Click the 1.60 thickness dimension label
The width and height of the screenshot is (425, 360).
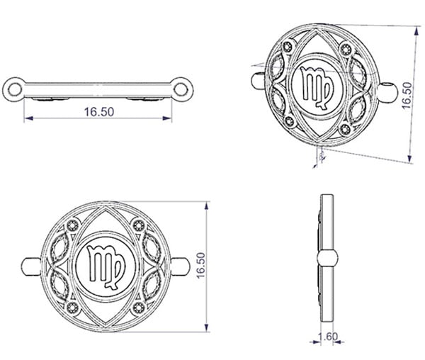pos(328,337)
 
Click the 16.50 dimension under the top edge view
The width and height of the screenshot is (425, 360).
pos(99,112)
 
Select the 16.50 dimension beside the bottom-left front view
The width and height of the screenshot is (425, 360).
pos(200,265)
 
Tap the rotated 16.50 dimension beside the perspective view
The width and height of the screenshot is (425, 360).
pos(407,96)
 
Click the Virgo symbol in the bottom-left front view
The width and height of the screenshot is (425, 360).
pos(106,266)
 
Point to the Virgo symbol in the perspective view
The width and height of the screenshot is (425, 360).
pos(317,87)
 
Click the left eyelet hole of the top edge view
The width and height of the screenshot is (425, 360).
pos(15,89)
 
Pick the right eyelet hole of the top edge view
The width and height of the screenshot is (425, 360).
pos(181,89)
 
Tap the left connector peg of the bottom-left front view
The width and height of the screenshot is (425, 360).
pos(30,266)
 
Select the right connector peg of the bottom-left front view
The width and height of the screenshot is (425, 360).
pos(180,266)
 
